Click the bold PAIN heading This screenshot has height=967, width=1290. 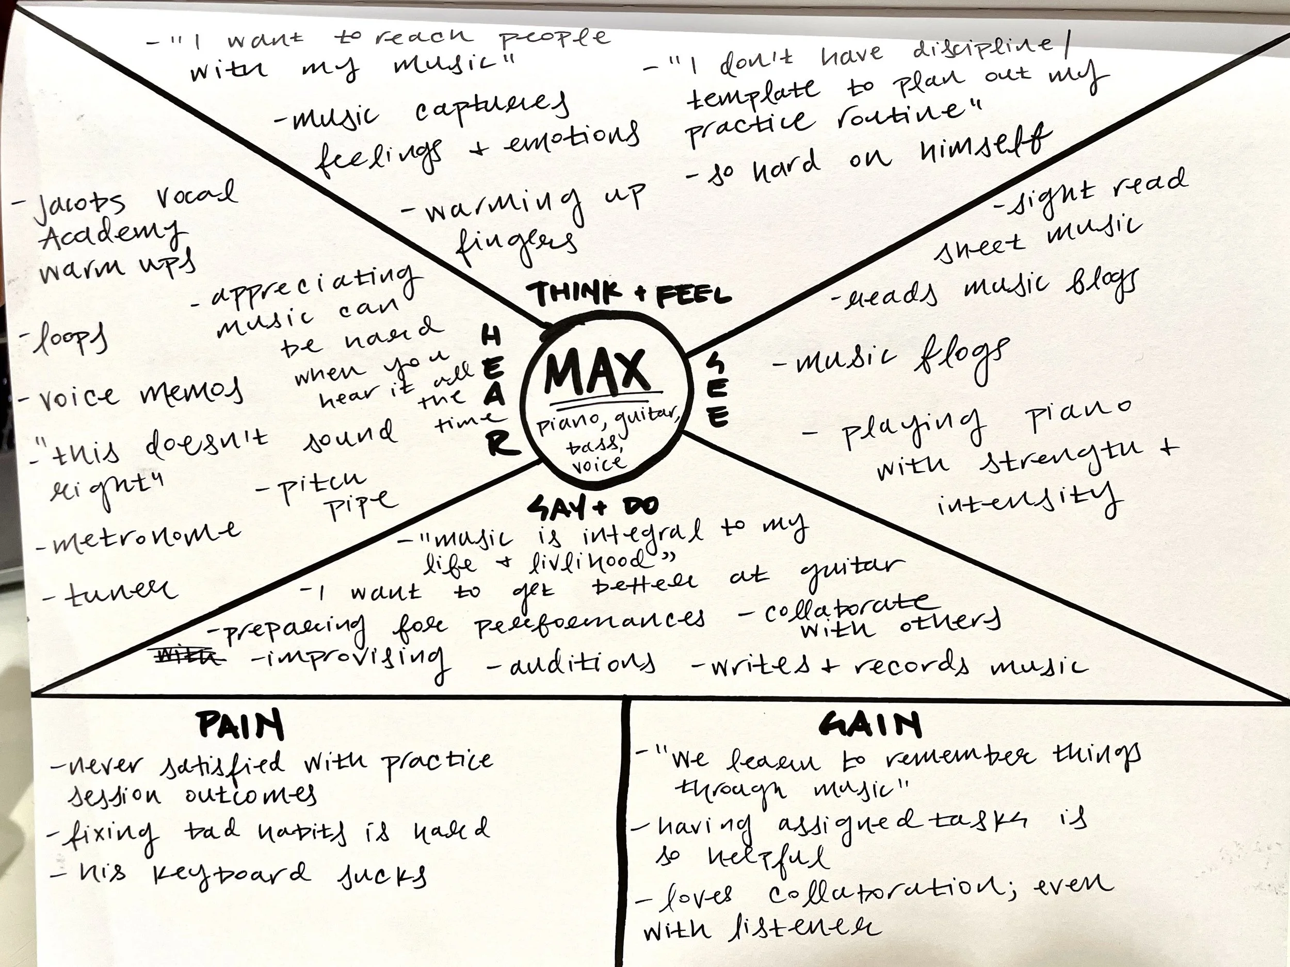[241, 726]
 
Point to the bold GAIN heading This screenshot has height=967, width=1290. [870, 726]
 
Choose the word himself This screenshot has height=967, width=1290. [986, 147]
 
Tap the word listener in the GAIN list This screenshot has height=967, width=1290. [805, 926]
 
